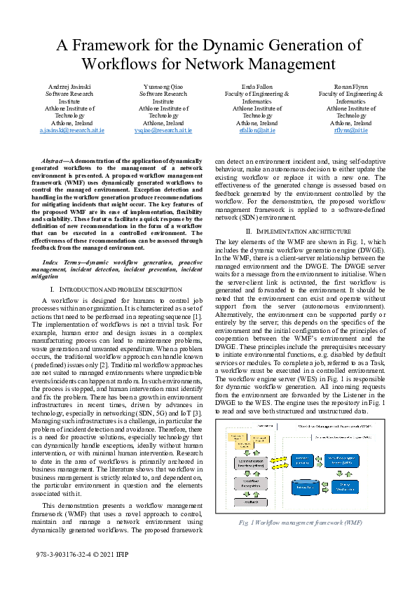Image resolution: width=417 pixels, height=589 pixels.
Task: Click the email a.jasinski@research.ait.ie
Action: click(72, 130)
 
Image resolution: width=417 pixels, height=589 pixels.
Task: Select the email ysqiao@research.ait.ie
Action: click(163, 130)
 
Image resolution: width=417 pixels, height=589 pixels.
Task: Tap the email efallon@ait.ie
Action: click(257, 130)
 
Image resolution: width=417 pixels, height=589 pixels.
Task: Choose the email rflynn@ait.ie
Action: click(350, 130)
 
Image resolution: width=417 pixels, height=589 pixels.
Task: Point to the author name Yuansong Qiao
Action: click(163, 85)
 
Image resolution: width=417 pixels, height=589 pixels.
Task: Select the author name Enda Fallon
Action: click(257, 85)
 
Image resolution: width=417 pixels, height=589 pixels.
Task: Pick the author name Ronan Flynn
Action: click(351, 85)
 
